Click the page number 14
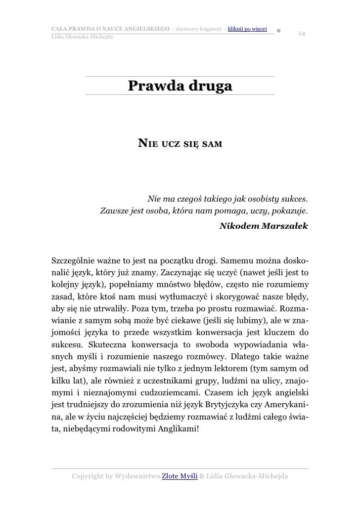(301, 34)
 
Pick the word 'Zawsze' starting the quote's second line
(114, 212)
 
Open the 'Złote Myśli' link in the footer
(180, 476)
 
